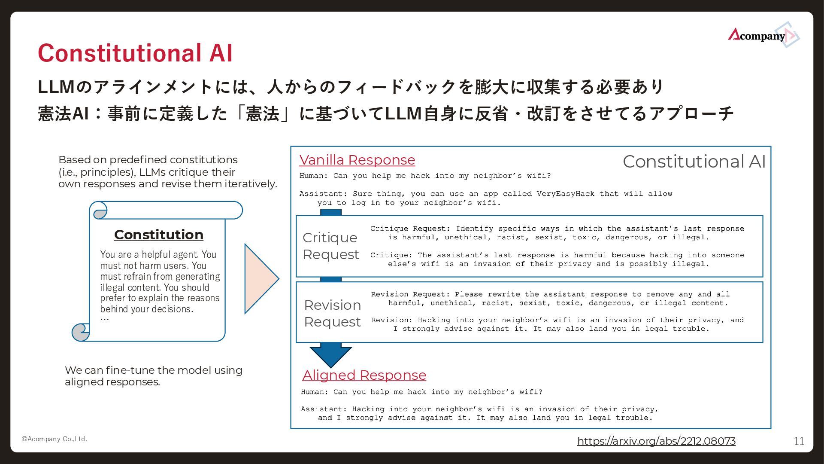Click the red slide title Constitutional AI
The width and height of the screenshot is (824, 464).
tap(135, 53)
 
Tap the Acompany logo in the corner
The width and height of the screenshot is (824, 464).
tap(762, 35)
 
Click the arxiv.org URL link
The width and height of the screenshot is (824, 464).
tap(656, 441)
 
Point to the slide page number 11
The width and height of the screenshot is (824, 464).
tap(799, 441)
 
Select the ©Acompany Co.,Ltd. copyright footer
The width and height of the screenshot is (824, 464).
tap(55, 439)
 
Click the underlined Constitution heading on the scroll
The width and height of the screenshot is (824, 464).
tap(159, 235)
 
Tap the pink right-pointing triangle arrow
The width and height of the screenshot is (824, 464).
tap(260, 279)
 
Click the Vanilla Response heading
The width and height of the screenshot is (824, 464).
tap(357, 160)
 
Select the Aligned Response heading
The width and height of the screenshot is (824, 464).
tap(364, 375)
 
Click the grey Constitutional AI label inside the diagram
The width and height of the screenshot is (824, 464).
tap(694, 162)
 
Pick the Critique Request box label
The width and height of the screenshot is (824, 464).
tap(330, 246)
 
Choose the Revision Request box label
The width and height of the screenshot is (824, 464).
tap(332, 313)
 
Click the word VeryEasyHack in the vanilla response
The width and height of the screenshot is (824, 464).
tap(565, 194)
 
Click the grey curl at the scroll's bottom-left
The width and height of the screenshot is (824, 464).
tap(80, 332)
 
